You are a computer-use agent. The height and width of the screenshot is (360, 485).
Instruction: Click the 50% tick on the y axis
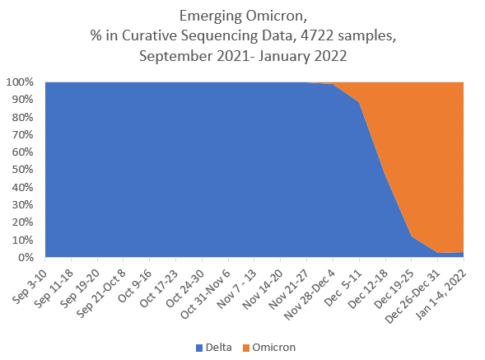(26, 170)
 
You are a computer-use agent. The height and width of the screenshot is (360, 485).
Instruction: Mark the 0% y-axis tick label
(28, 258)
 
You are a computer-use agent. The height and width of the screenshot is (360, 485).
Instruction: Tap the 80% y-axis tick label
(26, 117)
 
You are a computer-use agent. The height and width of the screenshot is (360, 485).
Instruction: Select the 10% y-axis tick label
(26, 241)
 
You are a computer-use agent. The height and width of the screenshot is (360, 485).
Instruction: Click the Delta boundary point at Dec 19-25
(412, 237)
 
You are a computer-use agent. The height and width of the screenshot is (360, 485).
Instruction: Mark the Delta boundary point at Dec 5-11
(359, 102)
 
